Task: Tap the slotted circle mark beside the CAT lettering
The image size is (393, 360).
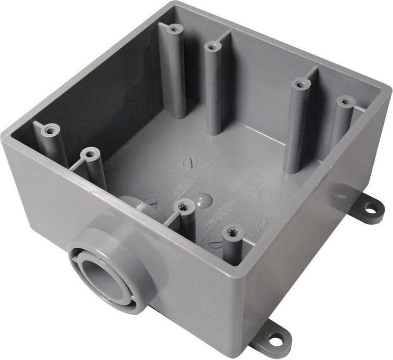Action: [x=215, y=242]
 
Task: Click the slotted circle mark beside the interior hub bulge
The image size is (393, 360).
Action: [x=153, y=202]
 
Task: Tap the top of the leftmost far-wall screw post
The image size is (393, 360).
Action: [x=172, y=29]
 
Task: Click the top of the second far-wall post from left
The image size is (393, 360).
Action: [x=211, y=47]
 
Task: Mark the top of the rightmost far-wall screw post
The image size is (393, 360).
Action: [x=346, y=102]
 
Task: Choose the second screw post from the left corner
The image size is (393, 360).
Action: [x=89, y=155]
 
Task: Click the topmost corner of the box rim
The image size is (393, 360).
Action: [x=175, y=4]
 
